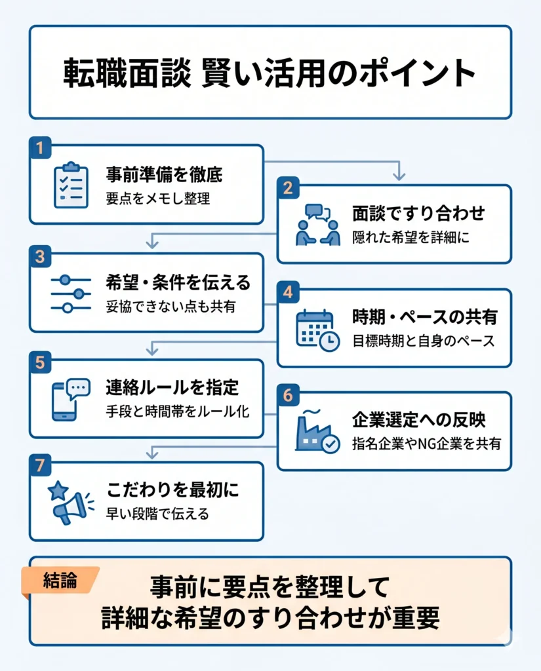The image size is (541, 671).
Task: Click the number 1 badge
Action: click(40, 147)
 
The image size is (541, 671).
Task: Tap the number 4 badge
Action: click(288, 292)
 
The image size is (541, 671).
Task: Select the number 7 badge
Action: click(40, 465)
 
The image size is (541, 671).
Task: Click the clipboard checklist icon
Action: click(71, 185)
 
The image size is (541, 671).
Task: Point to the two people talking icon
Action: click(318, 225)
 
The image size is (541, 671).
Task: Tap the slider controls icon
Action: click(71, 294)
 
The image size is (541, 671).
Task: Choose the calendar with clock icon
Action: click(318, 330)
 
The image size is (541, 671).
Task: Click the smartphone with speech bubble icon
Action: click(71, 399)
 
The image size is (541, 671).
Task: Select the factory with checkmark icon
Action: click(317, 431)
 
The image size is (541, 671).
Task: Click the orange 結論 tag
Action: click(60, 581)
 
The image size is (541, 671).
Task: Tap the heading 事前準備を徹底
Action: click(164, 174)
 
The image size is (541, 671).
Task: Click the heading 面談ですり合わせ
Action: click(418, 213)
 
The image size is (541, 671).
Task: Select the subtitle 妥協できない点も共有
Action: click(170, 307)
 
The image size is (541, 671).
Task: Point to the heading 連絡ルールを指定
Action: click(172, 387)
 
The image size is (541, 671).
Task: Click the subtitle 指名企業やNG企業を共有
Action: click(427, 444)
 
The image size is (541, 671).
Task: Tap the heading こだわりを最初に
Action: click(172, 490)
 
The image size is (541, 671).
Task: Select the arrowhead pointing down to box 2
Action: click(399, 176)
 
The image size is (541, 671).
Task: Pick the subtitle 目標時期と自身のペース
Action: click(423, 341)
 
